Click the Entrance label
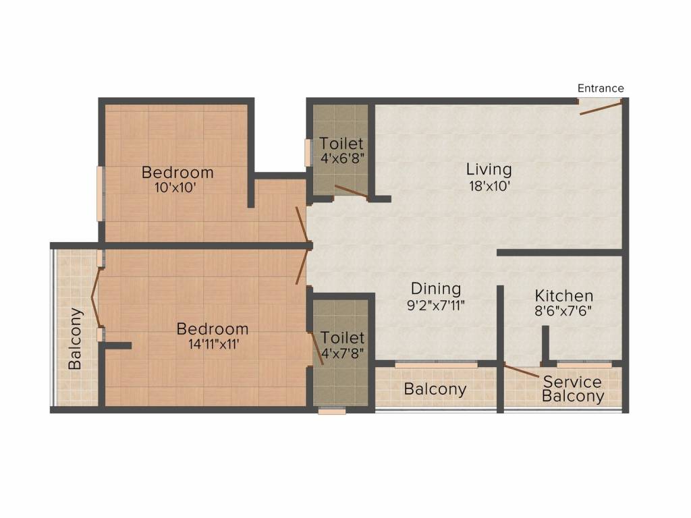(x=601, y=88)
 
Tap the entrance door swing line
(x=601, y=107)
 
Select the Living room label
(x=489, y=169)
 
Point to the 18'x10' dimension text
(x=490, y=186)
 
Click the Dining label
(x=436, y=289)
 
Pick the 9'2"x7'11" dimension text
(x=436, y=306)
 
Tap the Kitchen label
(x=563, y=295)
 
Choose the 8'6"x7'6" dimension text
(x=563, y=311)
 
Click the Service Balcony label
(x=572, y=388)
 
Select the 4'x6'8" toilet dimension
(x=342, y=158)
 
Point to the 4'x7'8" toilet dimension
(x=342, y=353)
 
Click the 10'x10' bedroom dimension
(x=175, y=188)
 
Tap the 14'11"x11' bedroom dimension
(x=214, y=344)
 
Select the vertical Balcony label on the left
(x=76, y=339)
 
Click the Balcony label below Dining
(x=435, y=389)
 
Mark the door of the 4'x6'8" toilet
(x=351, y=192)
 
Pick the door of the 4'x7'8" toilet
(x=317, y=347)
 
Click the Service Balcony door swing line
(x=522, y=371)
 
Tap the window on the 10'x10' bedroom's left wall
(x=100, y=194)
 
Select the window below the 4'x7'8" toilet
(x=332, y=411)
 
